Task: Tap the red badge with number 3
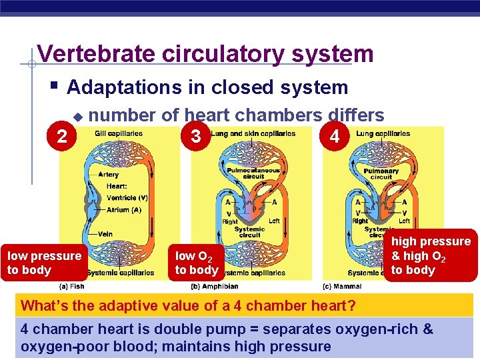[x=195, y=137]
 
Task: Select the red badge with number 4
[x=335, y=137]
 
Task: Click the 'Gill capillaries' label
[x=118, y=133]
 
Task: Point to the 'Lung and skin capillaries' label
[x=253, y=133]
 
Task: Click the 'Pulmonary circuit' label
[x=381, y=173]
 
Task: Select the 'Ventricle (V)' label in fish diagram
[x=127, y=198]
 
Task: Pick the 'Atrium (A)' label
[x=124, y=209]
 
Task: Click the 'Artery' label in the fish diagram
[x=109, y=175]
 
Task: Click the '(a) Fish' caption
[x=72, y=286]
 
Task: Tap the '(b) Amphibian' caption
[x=215, y=286]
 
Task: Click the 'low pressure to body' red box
[x=44, y=263]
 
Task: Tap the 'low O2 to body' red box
[x=196, y=263]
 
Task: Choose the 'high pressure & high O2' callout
[x=430, y=255]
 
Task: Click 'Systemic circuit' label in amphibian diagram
[x=249, y=232]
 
